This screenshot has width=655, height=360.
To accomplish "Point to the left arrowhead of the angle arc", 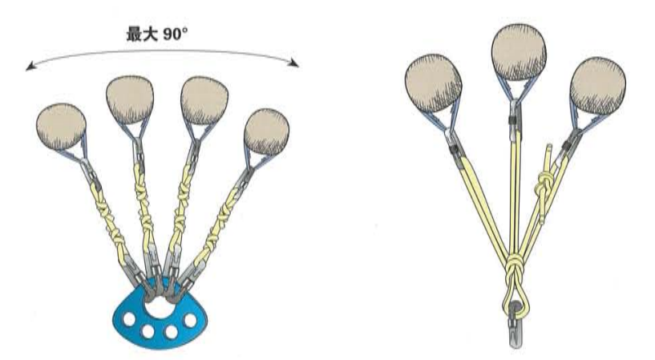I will click(x=30, y=68).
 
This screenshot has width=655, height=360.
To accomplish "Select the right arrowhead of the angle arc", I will click(x=294, y=65).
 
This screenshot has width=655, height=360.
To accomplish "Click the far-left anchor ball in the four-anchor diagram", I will click(x=61, y=126).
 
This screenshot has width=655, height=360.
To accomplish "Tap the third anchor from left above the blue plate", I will click(x=202, y=99).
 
